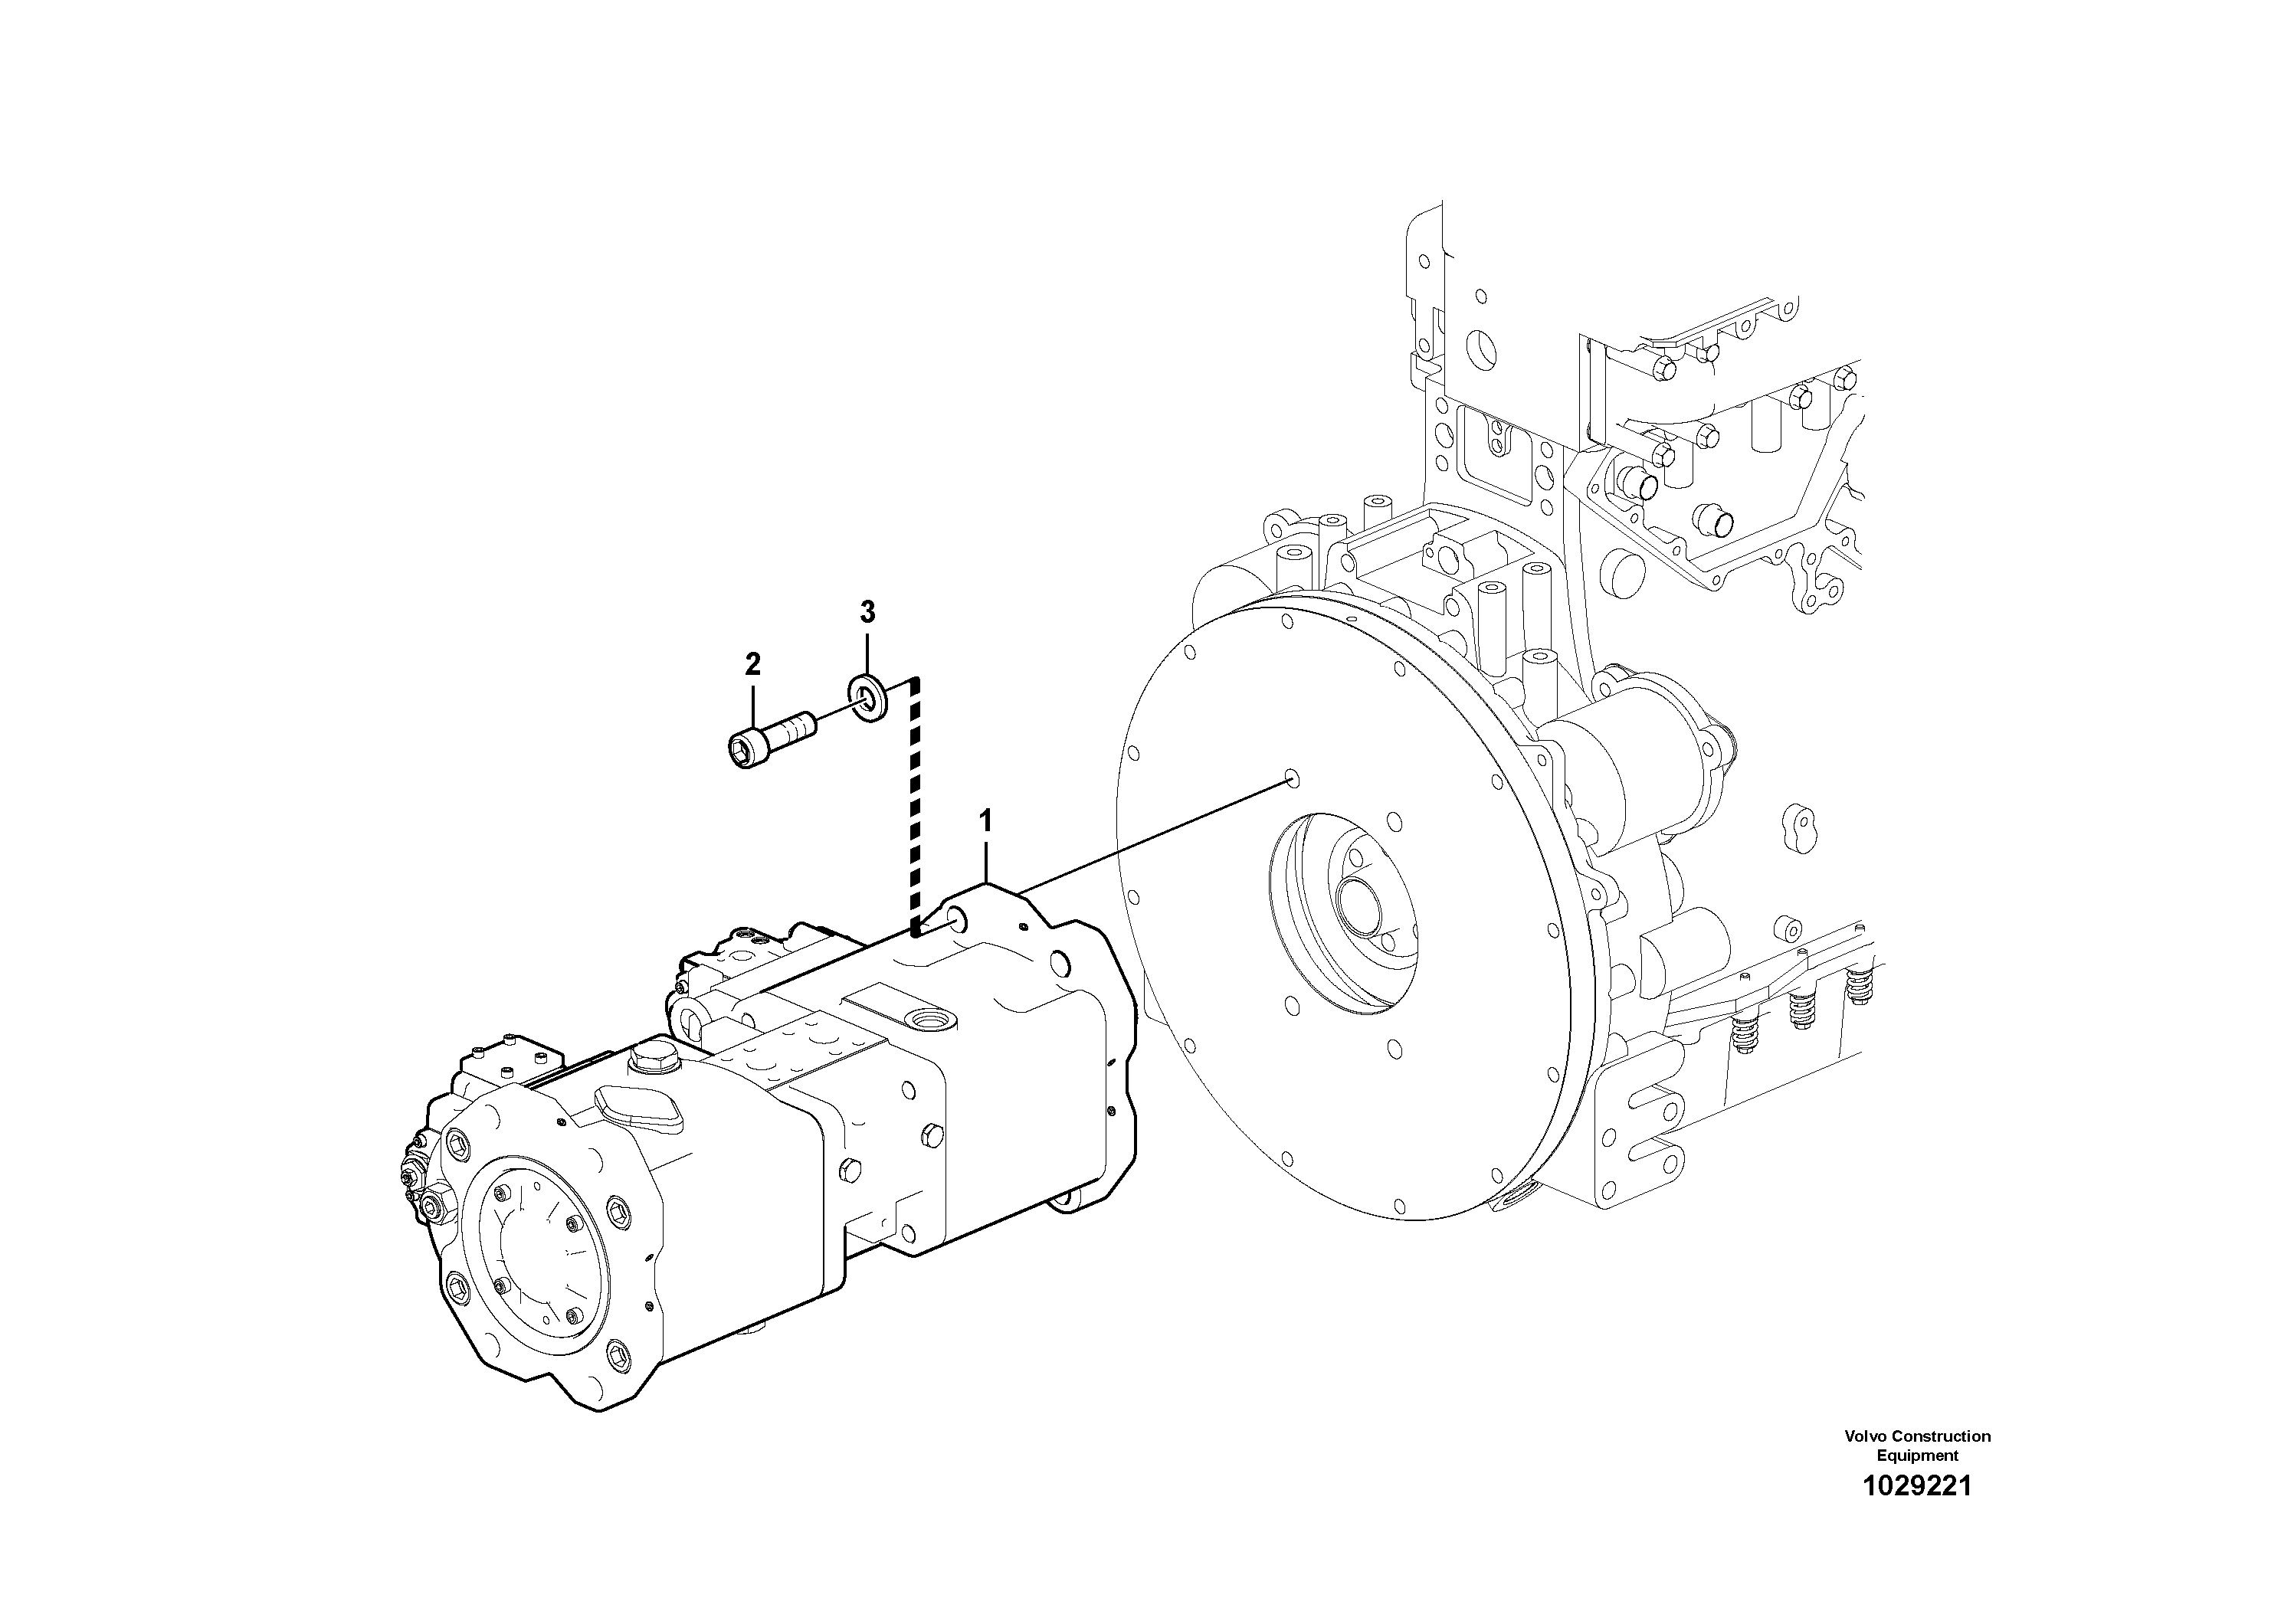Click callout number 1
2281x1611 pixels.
(x=985, y=850)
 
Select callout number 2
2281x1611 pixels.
(x=752, y=663)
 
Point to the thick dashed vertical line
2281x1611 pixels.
(x=916, y=804)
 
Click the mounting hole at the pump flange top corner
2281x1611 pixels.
(x=955, y=922)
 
